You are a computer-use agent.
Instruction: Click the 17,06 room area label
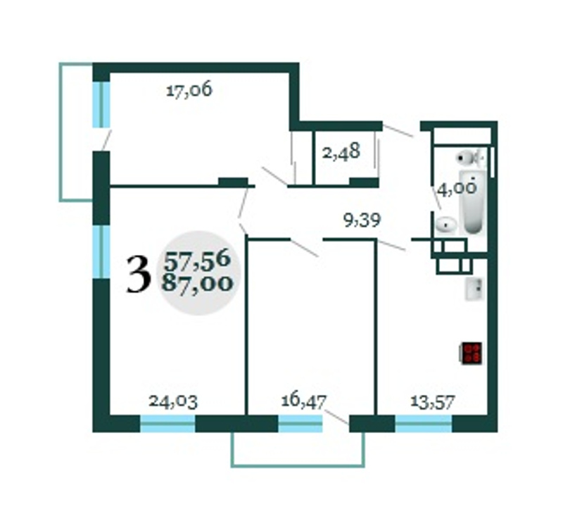(189, 90)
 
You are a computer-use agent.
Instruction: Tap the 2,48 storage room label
(341, 152)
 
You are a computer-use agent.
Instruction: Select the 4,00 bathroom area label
(457, 189)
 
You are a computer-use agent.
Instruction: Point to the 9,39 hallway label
(362, 220)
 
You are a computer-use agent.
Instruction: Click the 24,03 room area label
(173, 401)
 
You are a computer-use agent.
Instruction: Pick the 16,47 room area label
(304, 401)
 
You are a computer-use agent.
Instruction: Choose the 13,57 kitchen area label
(433, 401)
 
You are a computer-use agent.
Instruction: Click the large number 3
(138, 275)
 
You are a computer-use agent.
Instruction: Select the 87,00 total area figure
(197, 283)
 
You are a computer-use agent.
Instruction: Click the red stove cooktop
(472, 353)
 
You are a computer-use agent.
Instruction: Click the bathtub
(473, 202)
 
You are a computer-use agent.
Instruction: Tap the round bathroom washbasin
(446, 225)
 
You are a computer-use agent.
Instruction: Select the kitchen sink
(474, 289)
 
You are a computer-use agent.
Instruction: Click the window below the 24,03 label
(167, 423)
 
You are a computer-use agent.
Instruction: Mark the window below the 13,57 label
(424, 423)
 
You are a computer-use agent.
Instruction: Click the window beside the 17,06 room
(101, 104)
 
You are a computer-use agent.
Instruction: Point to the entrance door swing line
(398, 130)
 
